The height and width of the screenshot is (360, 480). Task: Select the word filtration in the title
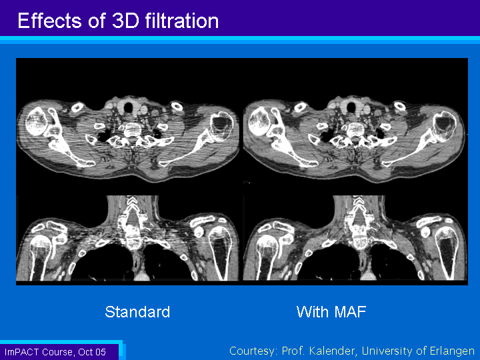coord(182,21)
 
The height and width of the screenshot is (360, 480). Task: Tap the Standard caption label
coord(137,311)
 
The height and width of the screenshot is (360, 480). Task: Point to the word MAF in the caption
coord(350,311)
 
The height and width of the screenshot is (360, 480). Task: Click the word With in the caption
coord(313,311)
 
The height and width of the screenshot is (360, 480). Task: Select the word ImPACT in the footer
coord(22,352)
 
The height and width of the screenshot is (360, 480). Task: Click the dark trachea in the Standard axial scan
coord(128,107)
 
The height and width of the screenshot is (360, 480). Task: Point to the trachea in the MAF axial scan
coord(351,107)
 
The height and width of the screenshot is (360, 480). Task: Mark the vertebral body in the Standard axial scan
coord(132,130)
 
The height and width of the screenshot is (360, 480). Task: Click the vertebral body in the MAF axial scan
coord(355,130)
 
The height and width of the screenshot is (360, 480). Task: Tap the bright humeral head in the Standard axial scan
coord(36,121)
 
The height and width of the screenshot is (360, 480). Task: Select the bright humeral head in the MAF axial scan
coord(259,121)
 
